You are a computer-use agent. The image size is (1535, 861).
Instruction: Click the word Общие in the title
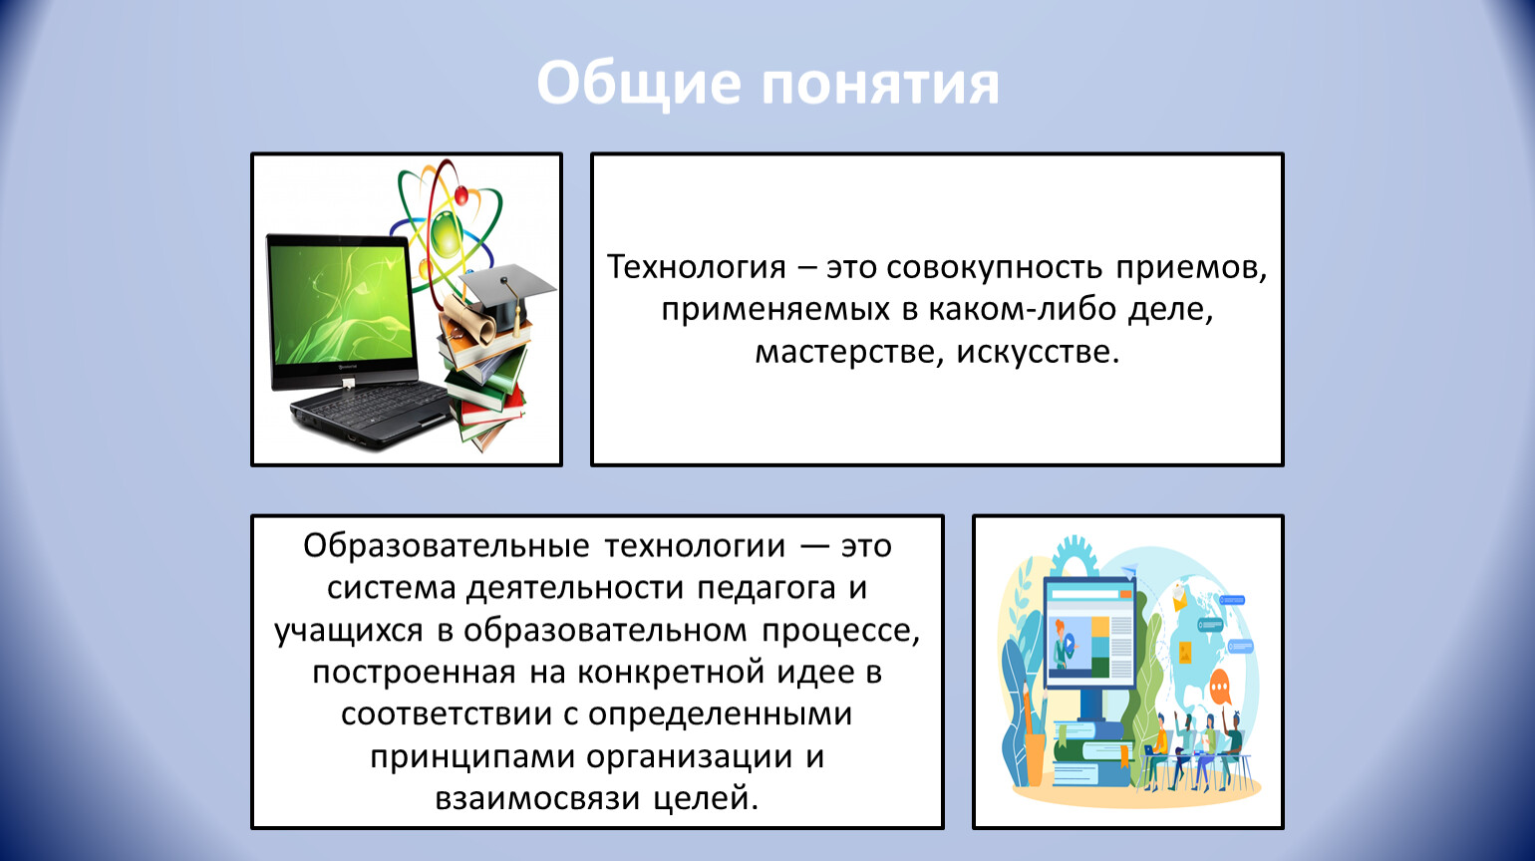coord(639,85)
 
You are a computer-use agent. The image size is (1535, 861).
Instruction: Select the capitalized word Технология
coord(696,267)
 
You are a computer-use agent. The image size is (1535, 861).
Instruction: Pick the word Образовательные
coord(447,546)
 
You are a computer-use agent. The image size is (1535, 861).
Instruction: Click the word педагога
coord(767,589)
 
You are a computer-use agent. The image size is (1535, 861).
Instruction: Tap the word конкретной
coord(671,673)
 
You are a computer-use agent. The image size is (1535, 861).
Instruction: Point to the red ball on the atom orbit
coord(461,195)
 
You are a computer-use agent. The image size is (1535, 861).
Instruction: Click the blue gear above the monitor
coord(1074,556)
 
